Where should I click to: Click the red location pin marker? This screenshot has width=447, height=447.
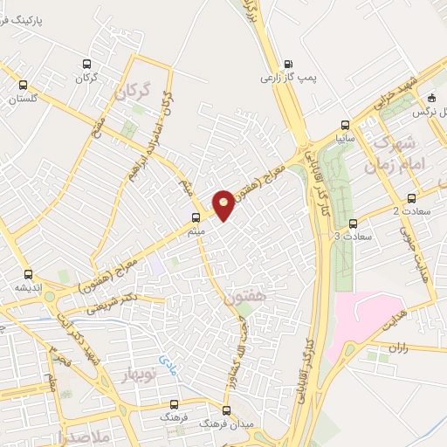(223, 204)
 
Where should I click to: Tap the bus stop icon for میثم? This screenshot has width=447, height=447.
(196, 217)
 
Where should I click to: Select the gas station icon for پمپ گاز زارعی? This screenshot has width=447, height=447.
(289, 63)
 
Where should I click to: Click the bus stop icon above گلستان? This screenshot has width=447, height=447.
(24, 86)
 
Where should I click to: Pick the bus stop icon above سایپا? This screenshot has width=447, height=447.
(345, 124)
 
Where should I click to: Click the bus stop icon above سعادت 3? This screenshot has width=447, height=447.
(353, 223)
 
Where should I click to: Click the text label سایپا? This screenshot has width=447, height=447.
(345, 138)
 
